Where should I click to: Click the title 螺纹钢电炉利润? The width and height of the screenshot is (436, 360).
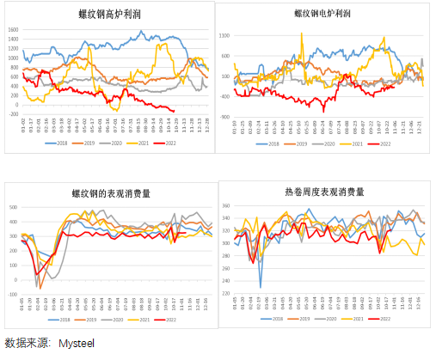(322, 14)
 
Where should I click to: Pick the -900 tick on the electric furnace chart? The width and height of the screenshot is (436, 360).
(224, 117)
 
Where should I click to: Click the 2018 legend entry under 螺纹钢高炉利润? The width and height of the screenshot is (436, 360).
(58, 143)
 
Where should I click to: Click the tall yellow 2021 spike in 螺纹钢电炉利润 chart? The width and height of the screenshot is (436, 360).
(383, 36)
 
